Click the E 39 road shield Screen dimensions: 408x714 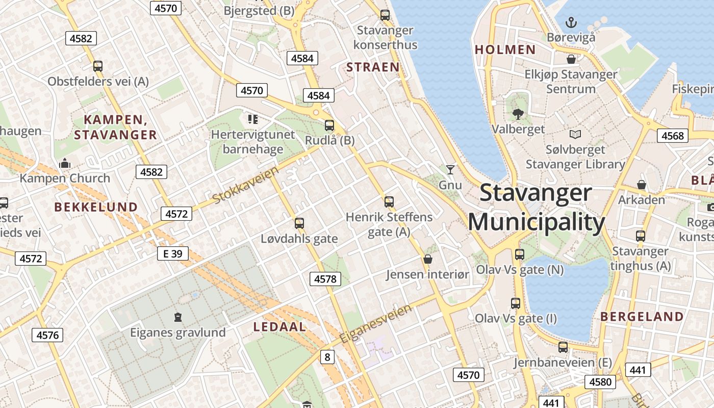[x=173, y=253]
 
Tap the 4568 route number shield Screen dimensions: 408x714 [x=672, y=136]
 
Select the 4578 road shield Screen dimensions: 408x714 [x=325, y=279]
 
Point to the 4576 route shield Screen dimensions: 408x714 [x=48, y=335]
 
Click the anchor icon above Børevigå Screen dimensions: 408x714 [x=571, y=22]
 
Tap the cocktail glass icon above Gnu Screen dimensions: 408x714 [x=450, y=170]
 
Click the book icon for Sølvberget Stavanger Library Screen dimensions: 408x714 [x=575, y=135]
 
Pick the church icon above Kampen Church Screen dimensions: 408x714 [x=65, y=164]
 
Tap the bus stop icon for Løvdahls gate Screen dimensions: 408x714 [x=299, y=223]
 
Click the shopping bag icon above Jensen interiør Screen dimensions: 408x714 [x=428, y=259]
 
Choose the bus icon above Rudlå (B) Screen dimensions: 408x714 [x=329, y=125]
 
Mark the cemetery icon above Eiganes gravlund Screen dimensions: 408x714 [x=177, y=317]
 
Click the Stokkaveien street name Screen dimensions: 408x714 [x=246, y=185]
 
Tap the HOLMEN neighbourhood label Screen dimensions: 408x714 [x=505, y=49]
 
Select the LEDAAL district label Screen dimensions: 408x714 [x=280, y=327]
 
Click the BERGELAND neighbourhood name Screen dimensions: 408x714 [x=642, y=317]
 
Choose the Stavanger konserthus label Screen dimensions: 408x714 [x=385, y=37]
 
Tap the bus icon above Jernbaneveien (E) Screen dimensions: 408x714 [x=563, y=347]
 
